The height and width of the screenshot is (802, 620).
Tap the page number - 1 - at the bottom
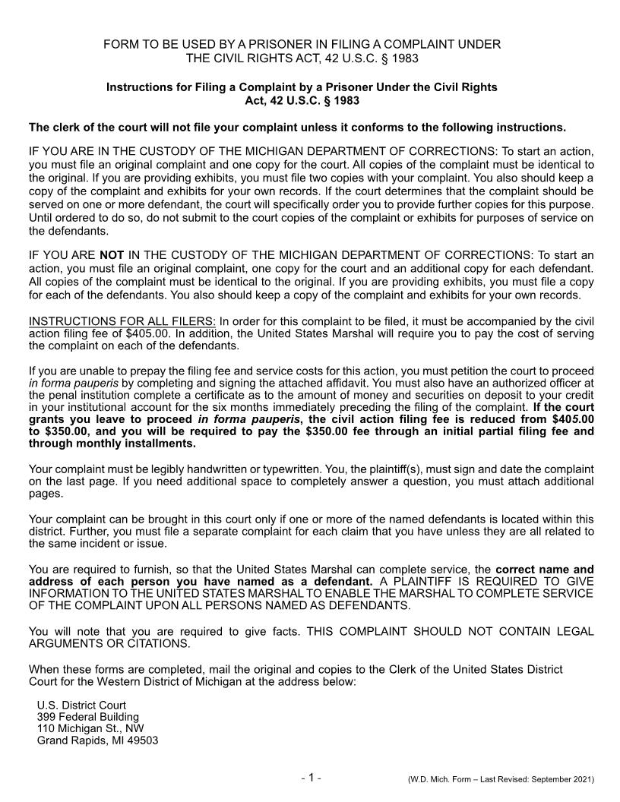(x=311, y=777)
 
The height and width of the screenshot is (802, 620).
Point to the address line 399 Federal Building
(x=88, y=717)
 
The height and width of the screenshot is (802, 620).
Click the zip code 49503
(x=142, y=741)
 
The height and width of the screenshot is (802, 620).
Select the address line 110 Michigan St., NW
(x=90, y=729)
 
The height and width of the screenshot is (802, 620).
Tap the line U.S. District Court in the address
(x=81, y=705)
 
